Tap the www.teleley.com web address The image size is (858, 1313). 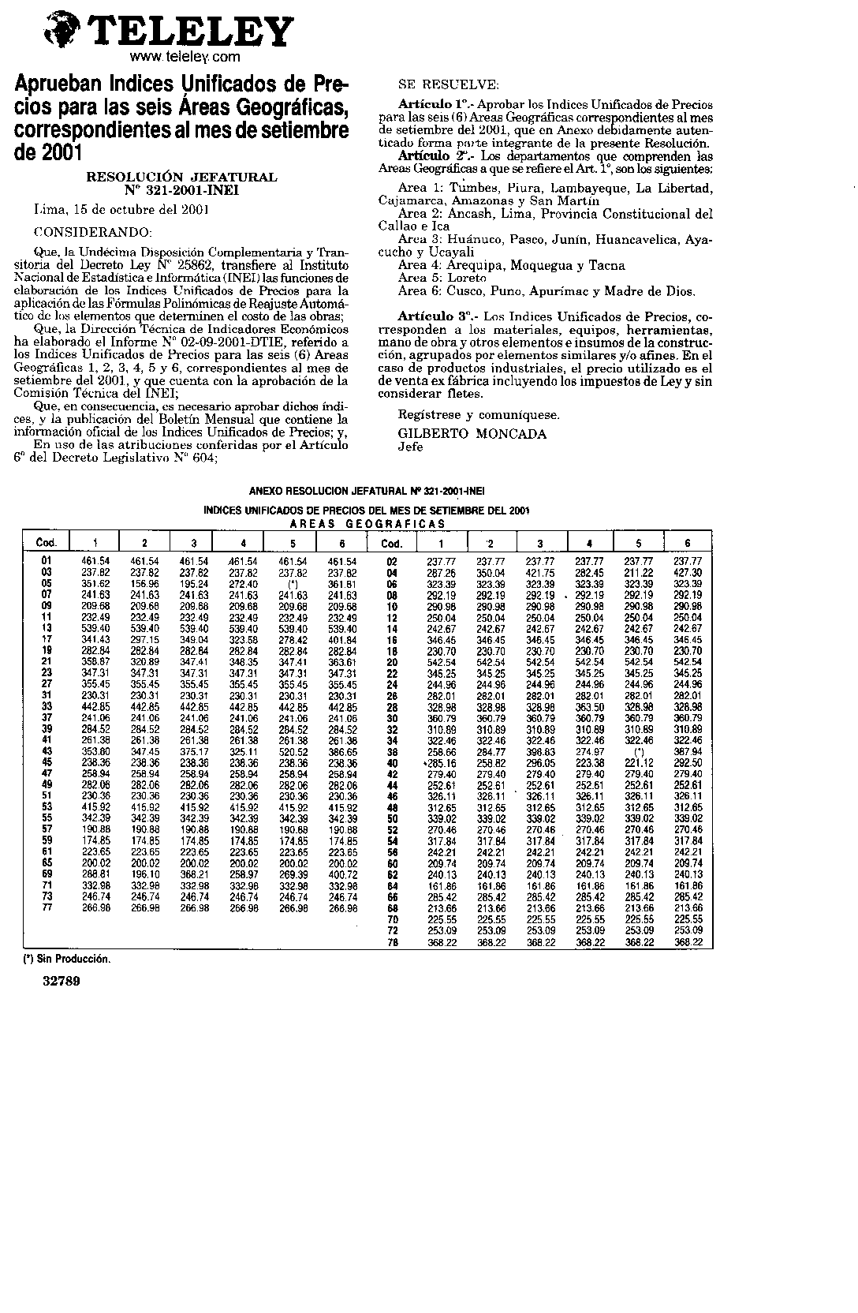[x=185, y=58]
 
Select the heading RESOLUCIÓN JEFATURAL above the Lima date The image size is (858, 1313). [x=181, y=178]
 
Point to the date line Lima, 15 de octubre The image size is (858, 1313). [x=121, y=211]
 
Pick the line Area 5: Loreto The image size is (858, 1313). [x=442, y=278]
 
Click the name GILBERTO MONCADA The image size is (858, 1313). [x=472, y=434]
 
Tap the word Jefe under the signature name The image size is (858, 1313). [x=410, y=447]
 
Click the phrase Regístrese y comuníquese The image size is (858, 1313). [x=479, y=414]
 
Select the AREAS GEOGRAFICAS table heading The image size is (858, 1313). [x=367, y=523]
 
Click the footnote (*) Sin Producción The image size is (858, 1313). [x=66, y=959]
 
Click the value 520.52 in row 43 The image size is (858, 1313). [x=293, y=753]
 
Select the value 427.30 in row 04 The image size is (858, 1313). [x=688, y=572]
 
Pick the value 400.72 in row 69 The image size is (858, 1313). [x=342, y=875]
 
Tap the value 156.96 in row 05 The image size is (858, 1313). [x=145, y=584]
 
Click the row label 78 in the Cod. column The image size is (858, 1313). [x=392, y=942]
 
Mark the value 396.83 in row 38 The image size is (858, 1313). [x=540, y=753]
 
